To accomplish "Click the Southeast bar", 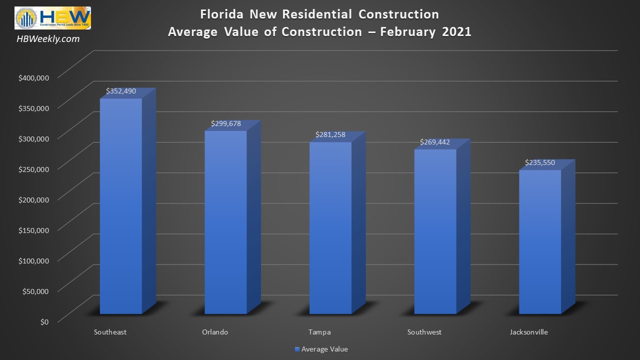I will pos(121,206).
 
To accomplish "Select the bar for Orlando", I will pos(225,222).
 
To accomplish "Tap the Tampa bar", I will pos(330,228).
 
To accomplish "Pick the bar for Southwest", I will pos(435,231).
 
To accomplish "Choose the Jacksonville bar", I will pos(540,242).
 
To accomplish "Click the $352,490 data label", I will pos(121,91).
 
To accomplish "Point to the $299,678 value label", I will pos(226,123).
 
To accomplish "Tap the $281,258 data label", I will pos(330,135).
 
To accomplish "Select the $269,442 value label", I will pos(435,142).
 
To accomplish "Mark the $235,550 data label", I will pos(540,162).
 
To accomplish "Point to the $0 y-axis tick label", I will pos(44,321).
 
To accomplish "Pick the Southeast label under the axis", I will pos(110,332).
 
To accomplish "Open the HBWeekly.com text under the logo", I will pos(48,39).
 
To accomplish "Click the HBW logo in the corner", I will pos(52,18).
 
